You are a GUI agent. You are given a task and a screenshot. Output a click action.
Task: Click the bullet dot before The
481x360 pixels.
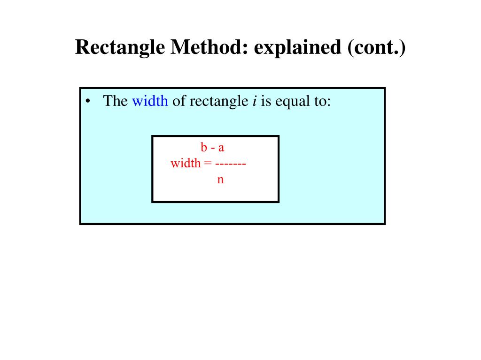88,101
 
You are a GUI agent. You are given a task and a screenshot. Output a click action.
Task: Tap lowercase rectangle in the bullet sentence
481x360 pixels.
215,101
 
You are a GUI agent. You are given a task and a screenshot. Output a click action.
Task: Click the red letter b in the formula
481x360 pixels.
204,147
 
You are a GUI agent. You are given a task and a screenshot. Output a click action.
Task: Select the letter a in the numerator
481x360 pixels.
221,148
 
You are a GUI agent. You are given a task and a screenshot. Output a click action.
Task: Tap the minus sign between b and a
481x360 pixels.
212,148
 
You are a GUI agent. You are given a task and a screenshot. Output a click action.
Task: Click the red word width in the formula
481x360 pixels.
185,164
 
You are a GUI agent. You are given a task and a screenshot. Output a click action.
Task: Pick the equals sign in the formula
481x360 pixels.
207,164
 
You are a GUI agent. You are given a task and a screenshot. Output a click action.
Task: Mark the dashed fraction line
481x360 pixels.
231,164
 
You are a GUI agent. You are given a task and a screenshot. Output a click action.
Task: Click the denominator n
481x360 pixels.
220,180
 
